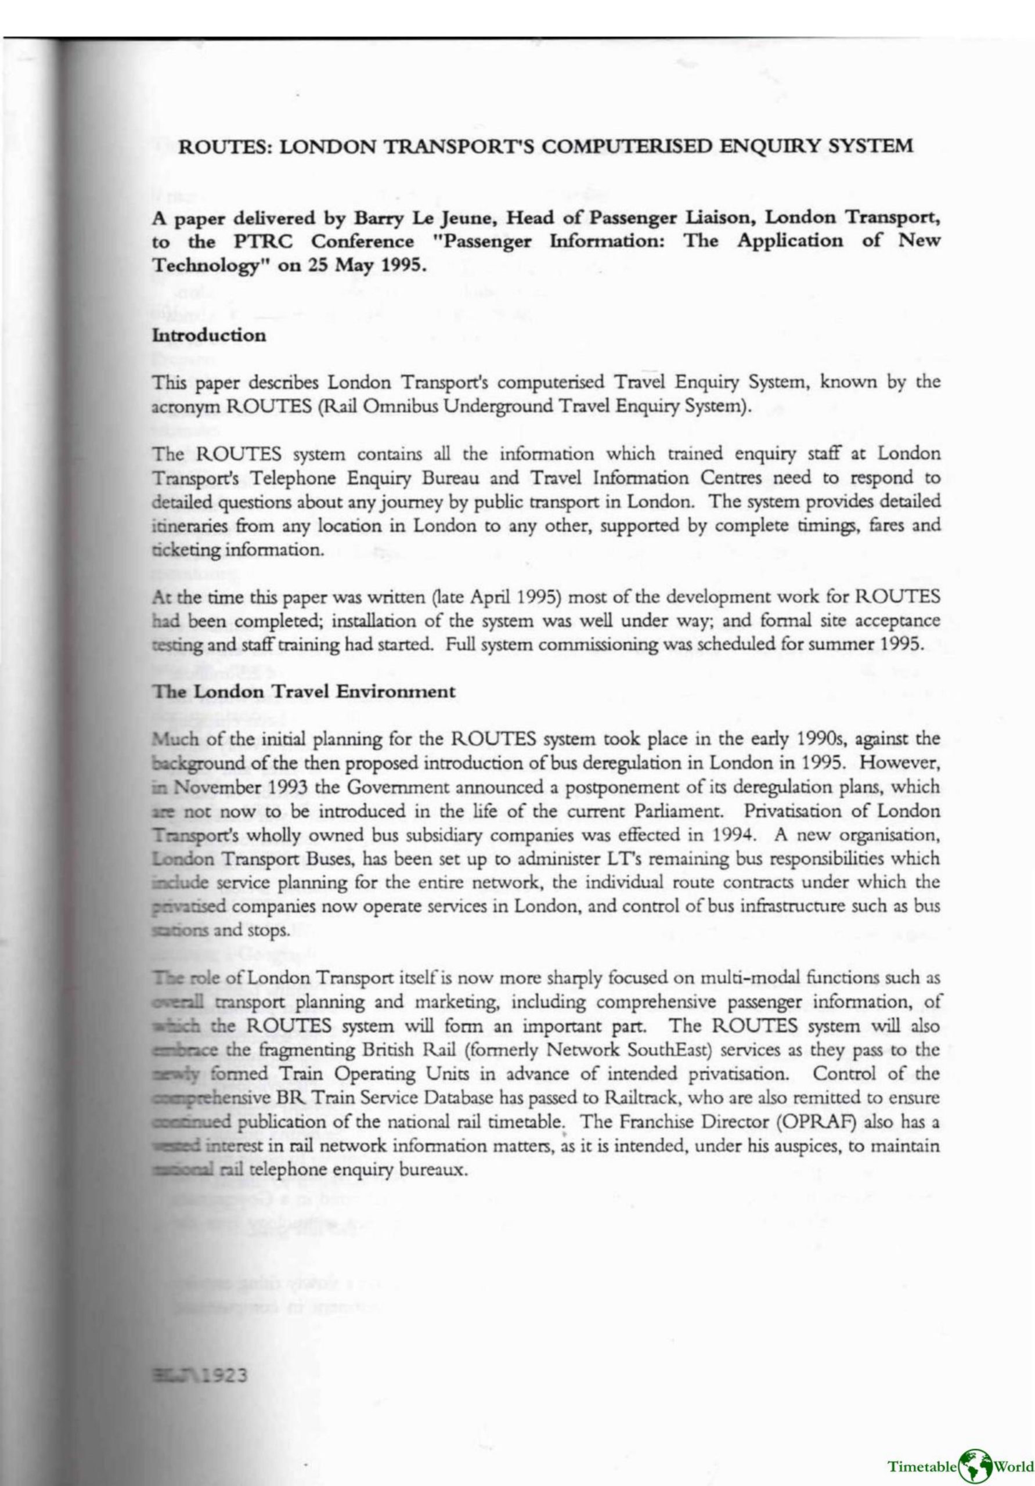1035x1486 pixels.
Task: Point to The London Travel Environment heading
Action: tap(304, 691)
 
